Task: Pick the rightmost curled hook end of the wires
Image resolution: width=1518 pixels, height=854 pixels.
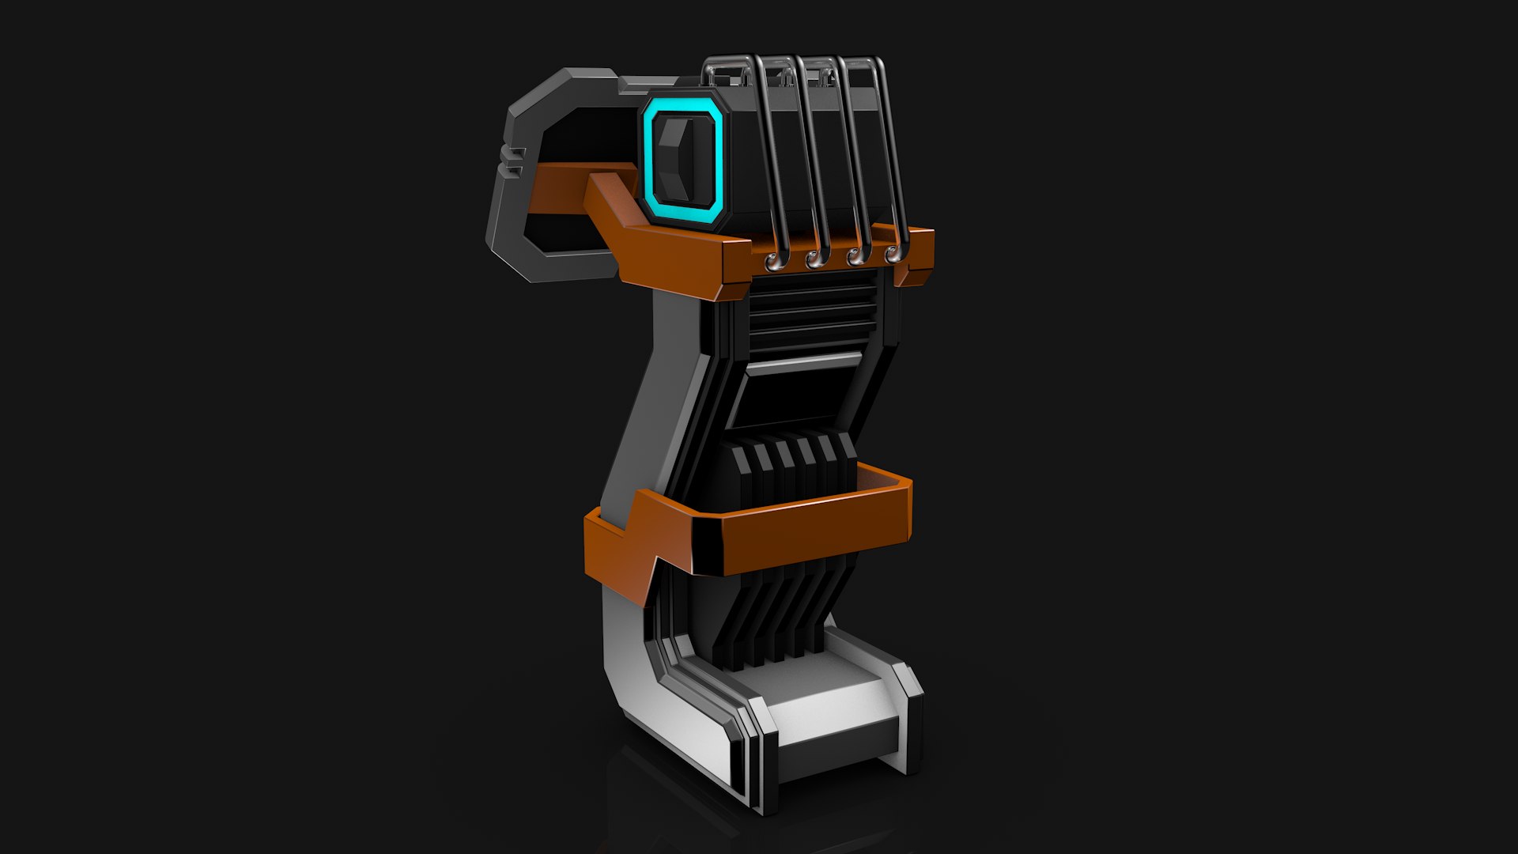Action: [893, 254]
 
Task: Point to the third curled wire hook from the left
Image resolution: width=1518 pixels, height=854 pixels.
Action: [855, 256]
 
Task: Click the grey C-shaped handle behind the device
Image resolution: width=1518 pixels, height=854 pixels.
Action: [514, 198]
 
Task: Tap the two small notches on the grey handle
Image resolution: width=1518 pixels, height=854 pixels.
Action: [515, 159]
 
